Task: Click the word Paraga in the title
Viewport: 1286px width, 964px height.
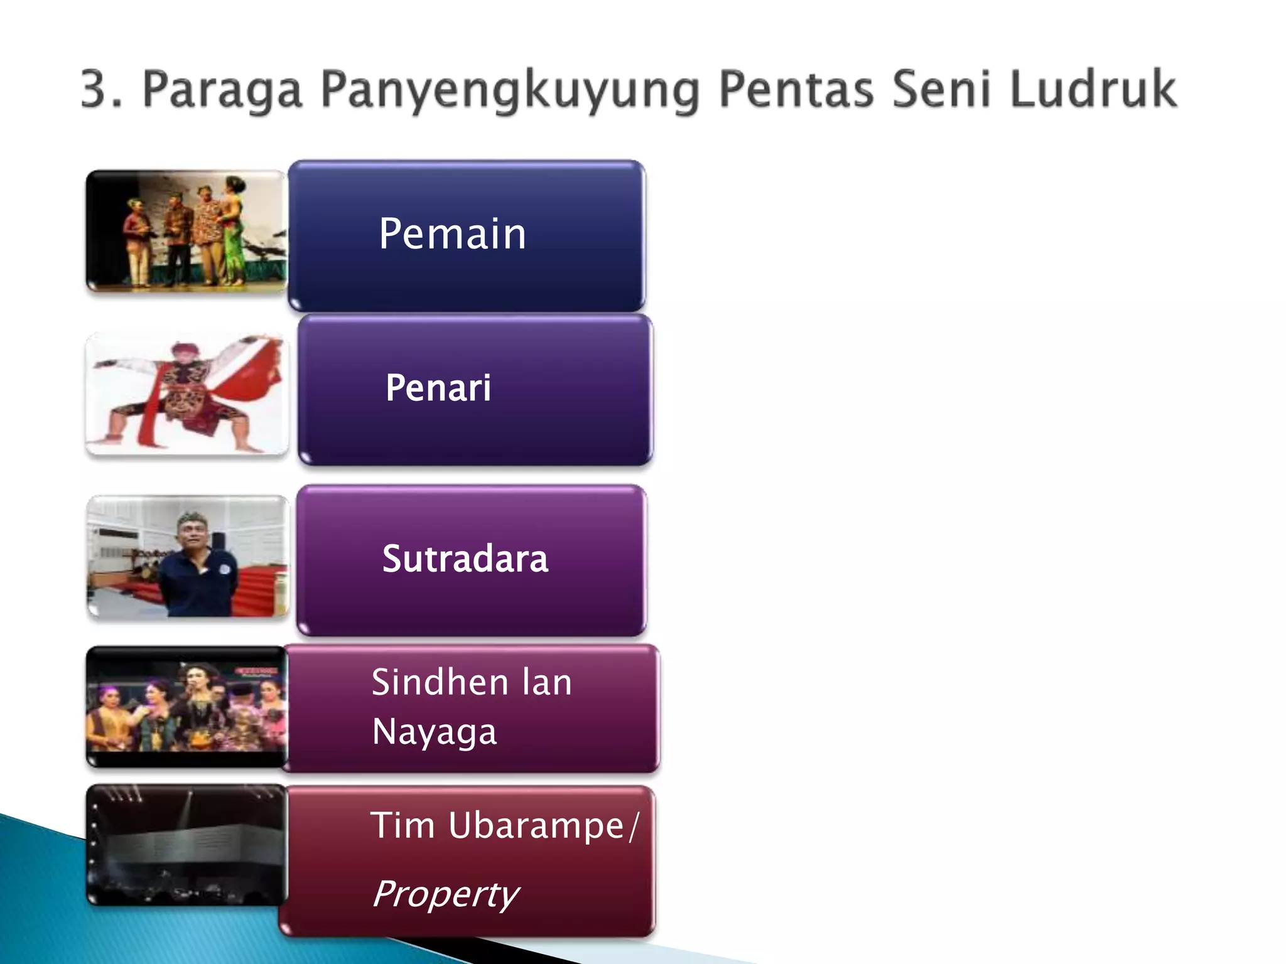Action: pyautogui.click(x=223, y=90)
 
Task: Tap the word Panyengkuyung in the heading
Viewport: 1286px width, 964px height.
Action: pyautogui.click(x=509, y=90)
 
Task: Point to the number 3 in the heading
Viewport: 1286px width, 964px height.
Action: pyautogui.click(x=94, y=90)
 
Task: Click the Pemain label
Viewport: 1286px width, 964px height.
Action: pyautogui.click(x=452, y=233)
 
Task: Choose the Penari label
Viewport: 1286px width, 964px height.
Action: pyautogui.click(x=438, y=387)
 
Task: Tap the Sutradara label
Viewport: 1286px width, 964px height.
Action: pyautogui.click(x=465, y=558)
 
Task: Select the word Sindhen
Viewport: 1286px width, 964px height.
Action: pyautogui.click(x=439, y=682)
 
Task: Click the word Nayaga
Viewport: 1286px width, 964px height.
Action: pyautogui.click(x=434, y=732)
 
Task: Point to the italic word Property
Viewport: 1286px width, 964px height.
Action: pyautogui.click(x=445, y=894)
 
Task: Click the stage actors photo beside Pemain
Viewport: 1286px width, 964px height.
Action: pyautogui.click(x=186, y=230)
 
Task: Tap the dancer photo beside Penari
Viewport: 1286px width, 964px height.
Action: pyautogui.click(x=186, y=394)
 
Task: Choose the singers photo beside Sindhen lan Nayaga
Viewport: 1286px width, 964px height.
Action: pyautogui.click(x=186, y=707)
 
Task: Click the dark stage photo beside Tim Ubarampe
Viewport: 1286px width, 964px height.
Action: pyautogui.click(x=186, y=845)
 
